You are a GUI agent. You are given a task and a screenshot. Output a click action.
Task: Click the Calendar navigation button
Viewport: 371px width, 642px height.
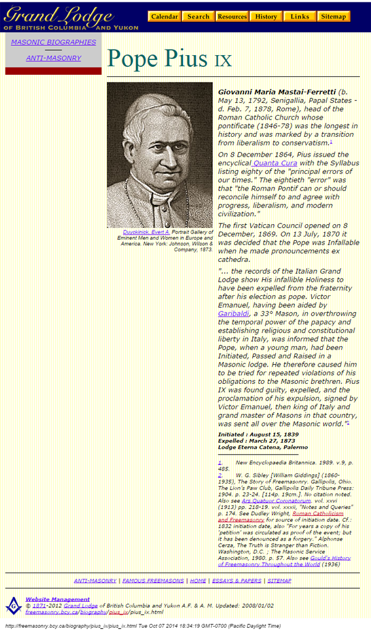[164, 17]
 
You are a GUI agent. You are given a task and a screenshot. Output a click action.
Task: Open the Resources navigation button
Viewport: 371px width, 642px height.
[232, 17]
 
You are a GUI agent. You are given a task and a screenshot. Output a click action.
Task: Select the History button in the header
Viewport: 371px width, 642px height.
[266, 17]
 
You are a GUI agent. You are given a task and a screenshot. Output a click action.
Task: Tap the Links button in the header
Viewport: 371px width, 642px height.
[300, 17]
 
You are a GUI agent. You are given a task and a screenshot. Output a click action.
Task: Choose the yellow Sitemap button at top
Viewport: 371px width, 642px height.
[334, 17]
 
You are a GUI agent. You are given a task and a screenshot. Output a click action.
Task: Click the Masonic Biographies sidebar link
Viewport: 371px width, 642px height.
[54, 42]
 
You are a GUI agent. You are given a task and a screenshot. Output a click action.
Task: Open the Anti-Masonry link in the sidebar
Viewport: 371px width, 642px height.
[54, 58]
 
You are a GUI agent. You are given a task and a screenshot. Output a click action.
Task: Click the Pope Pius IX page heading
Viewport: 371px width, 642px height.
[169, 59]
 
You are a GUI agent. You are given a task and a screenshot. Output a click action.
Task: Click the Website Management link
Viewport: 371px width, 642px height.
[58, 599]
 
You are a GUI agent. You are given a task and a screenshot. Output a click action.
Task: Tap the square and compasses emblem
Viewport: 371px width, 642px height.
[13, 604]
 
